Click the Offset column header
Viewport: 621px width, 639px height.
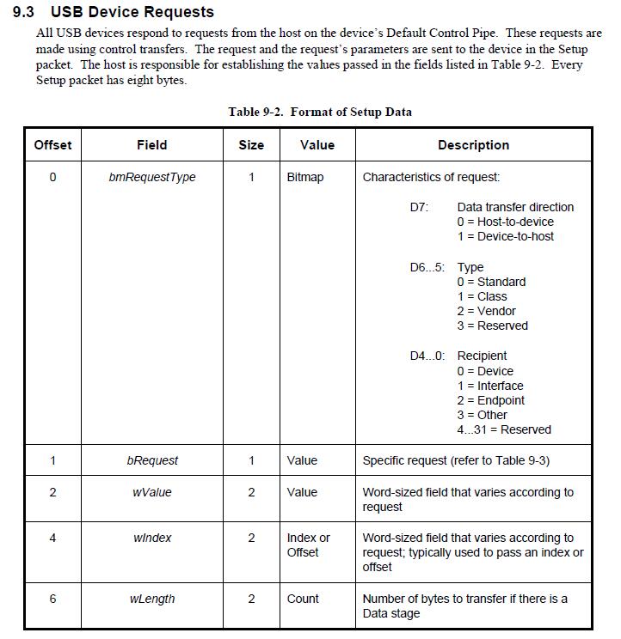pos(52,145)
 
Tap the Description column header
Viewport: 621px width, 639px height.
pos(473,145)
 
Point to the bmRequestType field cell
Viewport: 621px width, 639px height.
pos(152,177)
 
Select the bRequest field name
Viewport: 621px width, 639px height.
pos(152,460)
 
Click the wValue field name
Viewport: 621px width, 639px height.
pos(152,492)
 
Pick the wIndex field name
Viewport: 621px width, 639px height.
pos(152,538)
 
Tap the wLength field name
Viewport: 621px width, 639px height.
pos(152,599)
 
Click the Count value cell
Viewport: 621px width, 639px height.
pos(303,599)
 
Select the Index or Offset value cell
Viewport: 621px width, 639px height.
pos(308,545)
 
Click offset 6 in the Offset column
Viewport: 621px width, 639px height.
pos(52,599)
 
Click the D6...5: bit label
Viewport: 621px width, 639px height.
pos(427,267)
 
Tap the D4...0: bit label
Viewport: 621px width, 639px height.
pos(427,356)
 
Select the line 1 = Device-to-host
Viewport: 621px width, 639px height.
pos(506,236)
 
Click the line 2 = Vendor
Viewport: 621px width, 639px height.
pos(487,311)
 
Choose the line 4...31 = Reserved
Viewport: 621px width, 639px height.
pos(504,429)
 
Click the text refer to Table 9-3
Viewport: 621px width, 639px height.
pos(502,460)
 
